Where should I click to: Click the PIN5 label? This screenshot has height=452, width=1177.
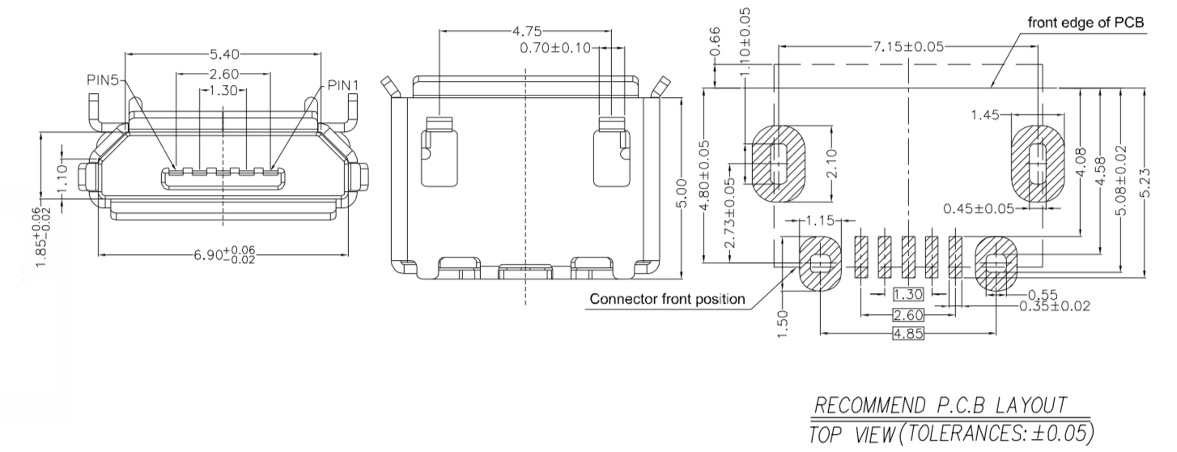coord(104,80)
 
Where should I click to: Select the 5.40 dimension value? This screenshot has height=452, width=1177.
coord(224,55)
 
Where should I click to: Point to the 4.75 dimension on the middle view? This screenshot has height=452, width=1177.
coord(526,32)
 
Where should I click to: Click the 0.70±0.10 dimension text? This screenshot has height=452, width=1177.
coord(555,49)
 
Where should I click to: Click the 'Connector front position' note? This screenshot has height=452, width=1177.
coord(667,299)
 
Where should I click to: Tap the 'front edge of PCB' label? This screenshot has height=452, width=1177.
coord(1086,22)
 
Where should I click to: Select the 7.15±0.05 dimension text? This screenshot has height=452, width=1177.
coord(907,46)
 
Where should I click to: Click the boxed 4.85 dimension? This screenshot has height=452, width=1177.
coord(907,334)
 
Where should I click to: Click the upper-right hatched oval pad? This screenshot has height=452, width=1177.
coord(1036,164)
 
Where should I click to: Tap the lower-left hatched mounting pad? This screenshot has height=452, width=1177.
coord(820,263)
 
